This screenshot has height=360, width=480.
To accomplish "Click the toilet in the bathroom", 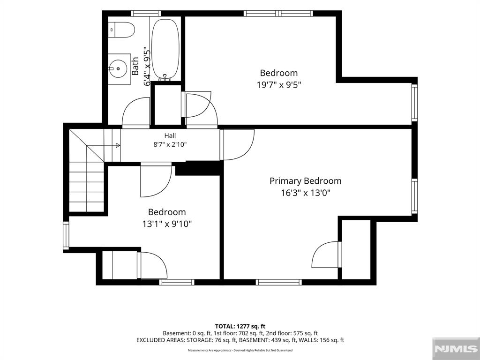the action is click(122, 30).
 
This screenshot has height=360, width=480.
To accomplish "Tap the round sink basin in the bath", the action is click(118, 68).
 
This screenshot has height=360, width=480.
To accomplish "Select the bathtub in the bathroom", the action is click(165, 49).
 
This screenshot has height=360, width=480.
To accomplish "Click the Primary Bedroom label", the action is click(305, 181).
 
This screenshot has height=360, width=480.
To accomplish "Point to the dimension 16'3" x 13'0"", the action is click(306, 193).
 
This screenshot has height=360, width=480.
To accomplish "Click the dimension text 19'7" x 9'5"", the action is click(279, 85).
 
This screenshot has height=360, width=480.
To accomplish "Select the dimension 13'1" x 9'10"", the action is click(167, 224).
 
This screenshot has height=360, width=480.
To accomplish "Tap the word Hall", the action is click(170, 135).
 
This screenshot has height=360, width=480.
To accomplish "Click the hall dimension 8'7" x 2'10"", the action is click(170, 144).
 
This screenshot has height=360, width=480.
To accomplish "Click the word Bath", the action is click(135, 66).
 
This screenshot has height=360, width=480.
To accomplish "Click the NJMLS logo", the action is click(456, 349).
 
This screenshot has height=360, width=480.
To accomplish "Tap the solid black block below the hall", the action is click(198, 168).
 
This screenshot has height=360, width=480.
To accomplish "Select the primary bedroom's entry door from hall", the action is click(237, 145).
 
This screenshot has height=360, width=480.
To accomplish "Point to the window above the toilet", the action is click(146, 14).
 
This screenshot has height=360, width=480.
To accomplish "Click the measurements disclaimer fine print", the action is click(240, 350).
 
